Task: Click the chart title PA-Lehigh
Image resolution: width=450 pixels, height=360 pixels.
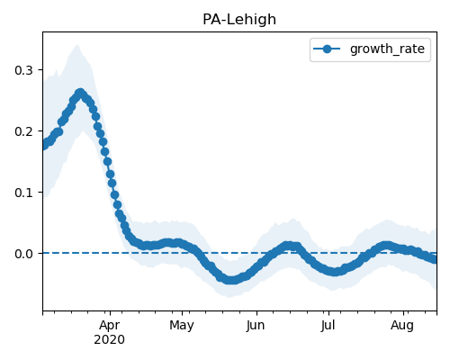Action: point(239,20)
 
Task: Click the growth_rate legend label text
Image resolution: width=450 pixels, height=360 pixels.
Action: point(387,49)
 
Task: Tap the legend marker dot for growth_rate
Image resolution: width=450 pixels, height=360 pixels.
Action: point(327,49)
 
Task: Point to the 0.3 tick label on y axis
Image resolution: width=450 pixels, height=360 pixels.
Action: point(23,70)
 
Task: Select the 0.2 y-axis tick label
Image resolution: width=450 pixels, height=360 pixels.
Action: point(23,131)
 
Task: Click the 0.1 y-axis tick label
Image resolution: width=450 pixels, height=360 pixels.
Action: point(23,193)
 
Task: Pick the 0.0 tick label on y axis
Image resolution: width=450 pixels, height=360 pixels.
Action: point(23,254)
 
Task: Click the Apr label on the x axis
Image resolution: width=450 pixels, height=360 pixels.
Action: point(110,326)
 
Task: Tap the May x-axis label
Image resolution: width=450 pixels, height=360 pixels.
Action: point(182,326)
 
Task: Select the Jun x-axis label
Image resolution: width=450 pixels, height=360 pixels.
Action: point(256,326)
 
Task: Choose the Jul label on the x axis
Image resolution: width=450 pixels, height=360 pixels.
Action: point(328,326)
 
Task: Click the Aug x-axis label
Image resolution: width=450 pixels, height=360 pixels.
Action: point(402,326)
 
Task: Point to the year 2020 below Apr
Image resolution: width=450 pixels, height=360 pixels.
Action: point(109,340)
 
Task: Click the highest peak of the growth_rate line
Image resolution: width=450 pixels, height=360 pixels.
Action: point(80,93)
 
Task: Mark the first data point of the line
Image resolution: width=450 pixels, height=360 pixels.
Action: point(44,146)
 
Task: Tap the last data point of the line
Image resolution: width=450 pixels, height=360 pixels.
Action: point(435,259)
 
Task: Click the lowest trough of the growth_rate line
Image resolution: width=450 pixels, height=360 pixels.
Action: point(231,280)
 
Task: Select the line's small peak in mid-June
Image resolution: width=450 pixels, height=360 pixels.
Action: point(289,246)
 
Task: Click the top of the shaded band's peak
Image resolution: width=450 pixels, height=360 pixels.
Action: point(77,45)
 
